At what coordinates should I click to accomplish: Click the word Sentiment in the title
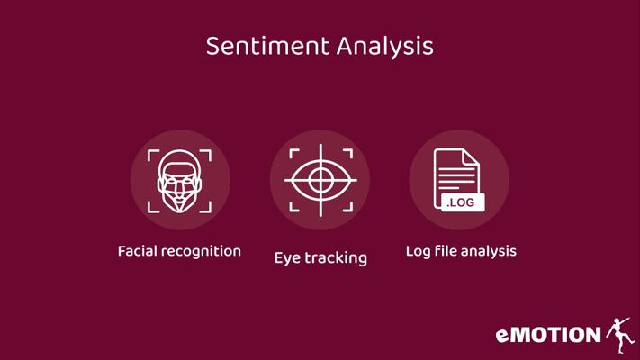[267, 46]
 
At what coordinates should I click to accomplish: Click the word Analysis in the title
[385, 47]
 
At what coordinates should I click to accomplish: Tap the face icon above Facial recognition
[180, 181]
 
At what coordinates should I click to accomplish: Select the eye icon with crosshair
[320, 180]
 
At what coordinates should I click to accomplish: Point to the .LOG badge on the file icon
[463, 202]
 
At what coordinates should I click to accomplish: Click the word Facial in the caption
[137, 251]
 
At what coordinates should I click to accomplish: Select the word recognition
[202, 252]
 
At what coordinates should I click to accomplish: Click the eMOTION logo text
[548, 335]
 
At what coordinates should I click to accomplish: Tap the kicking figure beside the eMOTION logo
[620, 335]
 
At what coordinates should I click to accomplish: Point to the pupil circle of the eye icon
[320, 180]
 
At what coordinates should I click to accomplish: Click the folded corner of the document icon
[471, 157]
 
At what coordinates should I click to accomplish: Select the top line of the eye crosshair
[320, 156]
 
